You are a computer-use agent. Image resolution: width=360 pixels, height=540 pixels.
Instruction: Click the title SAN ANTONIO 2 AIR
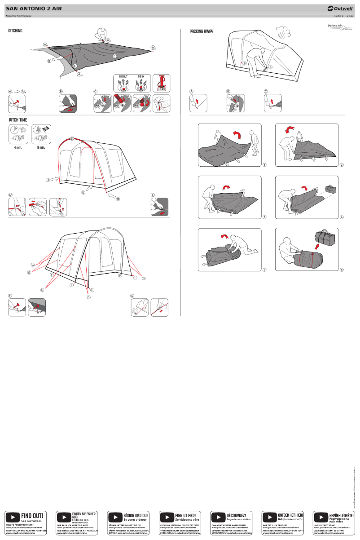[34, 9]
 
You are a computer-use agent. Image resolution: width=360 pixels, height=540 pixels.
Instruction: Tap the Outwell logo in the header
[341, 9]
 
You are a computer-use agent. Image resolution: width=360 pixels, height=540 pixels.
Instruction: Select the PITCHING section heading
[15, 31]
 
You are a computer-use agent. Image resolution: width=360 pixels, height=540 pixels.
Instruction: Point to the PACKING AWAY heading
[201, 31]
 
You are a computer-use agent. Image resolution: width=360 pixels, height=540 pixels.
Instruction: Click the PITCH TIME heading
[18, 120]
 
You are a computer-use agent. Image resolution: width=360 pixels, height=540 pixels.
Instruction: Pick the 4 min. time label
[18, 147]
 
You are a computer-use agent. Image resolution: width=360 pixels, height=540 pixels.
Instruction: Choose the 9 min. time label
[41, 147]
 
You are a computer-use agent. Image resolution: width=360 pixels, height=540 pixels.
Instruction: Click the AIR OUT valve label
[123, 77]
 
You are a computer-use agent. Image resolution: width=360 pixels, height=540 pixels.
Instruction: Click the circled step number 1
[264, 165]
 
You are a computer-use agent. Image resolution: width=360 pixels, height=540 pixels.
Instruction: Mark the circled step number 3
[264, 217]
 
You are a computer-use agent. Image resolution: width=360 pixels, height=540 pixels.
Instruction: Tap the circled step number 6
[342, 270]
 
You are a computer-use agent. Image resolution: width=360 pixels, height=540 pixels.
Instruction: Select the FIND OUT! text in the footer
[33, 515]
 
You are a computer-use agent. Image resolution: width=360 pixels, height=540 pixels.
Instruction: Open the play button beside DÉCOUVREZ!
[218, 517]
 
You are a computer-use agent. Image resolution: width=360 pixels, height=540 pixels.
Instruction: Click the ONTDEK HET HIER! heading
[290, 515]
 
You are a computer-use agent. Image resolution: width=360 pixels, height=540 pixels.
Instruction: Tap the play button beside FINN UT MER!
[167, 517]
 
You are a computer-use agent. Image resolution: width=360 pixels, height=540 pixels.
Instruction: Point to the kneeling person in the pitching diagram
[103, 34]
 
